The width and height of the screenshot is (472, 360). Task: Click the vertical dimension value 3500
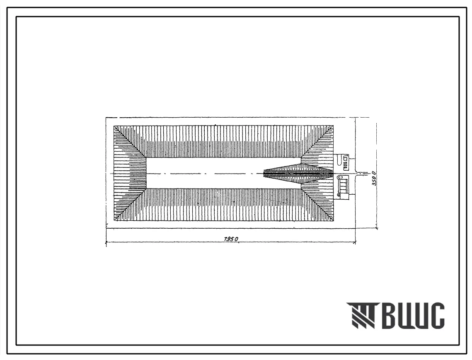click(374, 178)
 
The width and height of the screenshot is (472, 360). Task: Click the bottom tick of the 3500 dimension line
click(376, 228)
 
